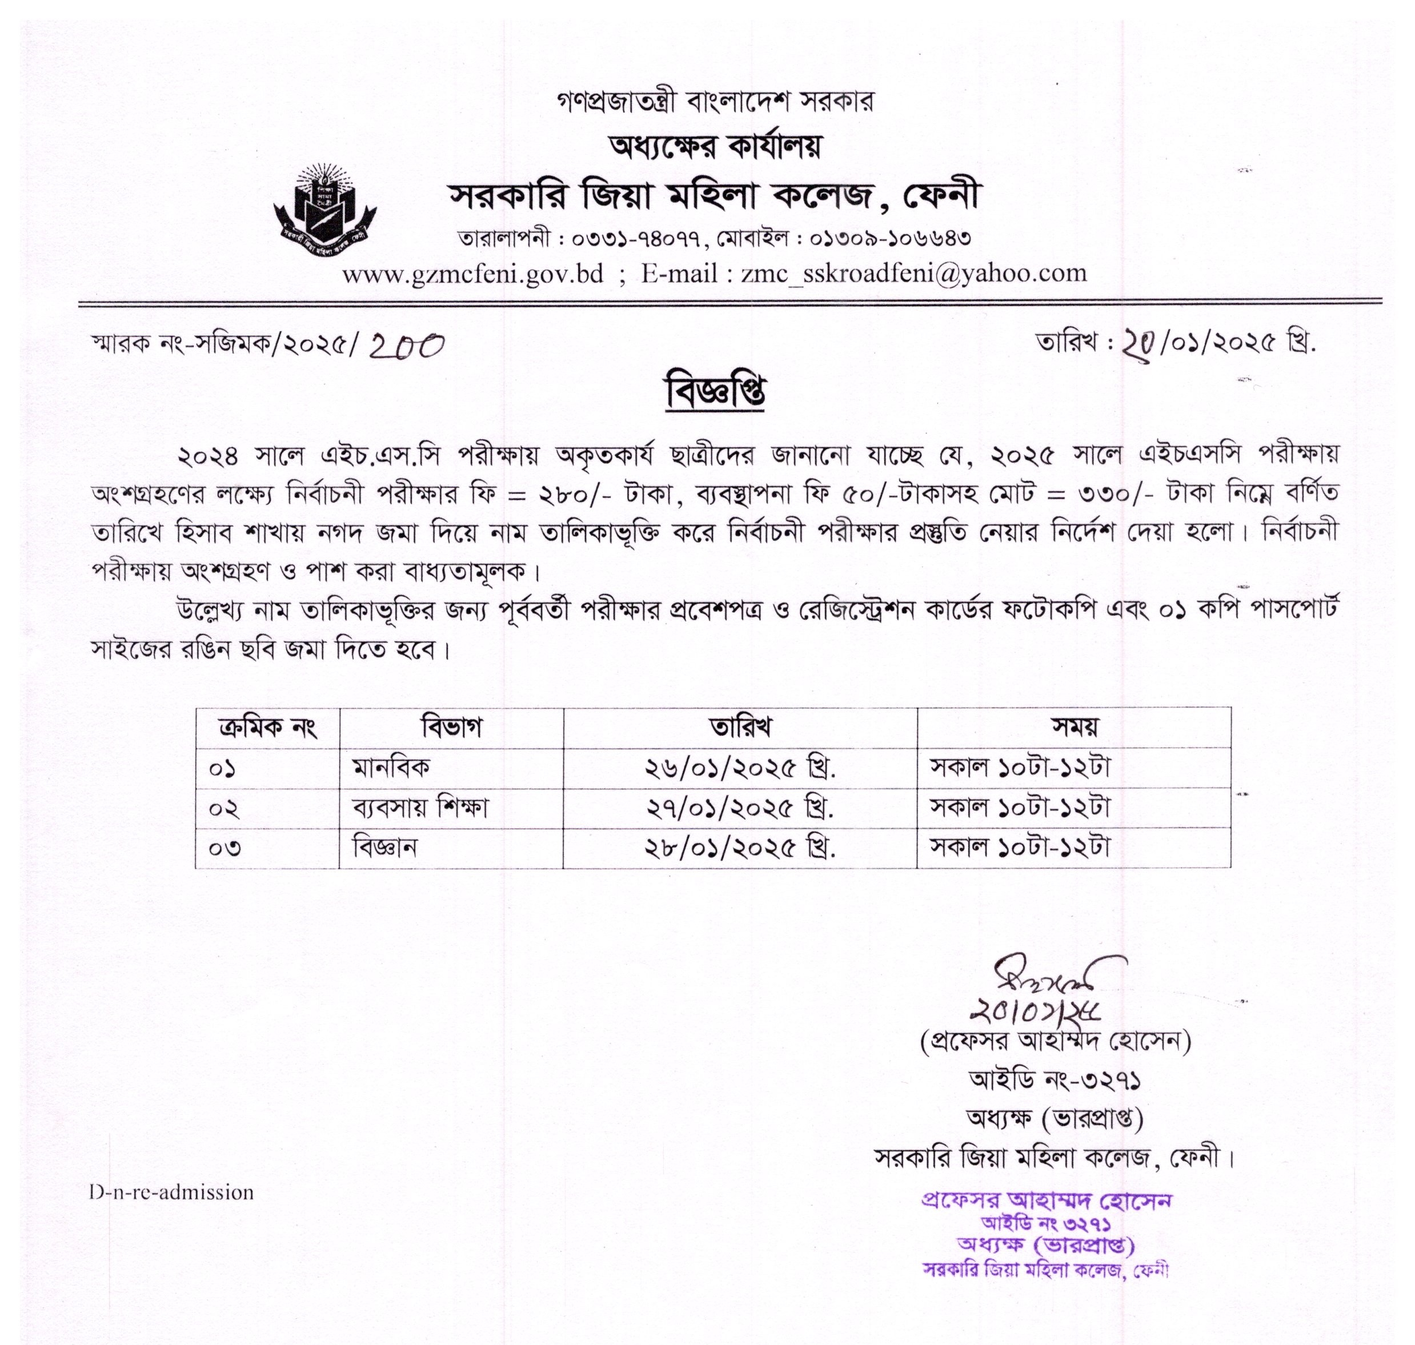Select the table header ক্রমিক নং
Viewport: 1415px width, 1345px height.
tap(267, 727)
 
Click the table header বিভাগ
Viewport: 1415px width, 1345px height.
tap(451, 727)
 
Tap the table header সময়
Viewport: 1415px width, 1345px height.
tap(1073, 727)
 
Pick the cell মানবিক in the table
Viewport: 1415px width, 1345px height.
tap(391, 768)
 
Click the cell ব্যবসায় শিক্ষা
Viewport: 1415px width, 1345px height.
tap(419, 808)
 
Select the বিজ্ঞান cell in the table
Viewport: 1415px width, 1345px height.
tap(384, 848)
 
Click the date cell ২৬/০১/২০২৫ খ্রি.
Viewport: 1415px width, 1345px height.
tap(739, 769)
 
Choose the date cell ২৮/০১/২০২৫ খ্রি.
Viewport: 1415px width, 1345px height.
tap(739, 849)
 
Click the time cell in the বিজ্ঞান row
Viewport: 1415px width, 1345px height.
tap(1019, 848)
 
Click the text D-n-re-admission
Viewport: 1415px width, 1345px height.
tap(171, 1193)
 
